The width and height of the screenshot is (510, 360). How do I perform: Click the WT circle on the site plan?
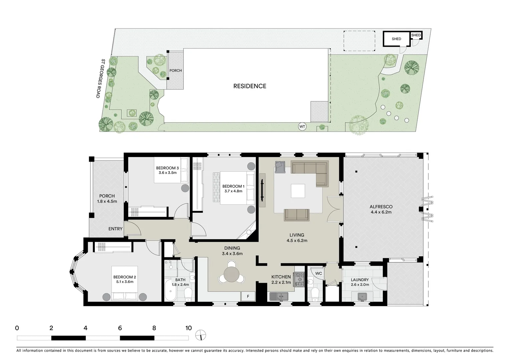pos(302,127)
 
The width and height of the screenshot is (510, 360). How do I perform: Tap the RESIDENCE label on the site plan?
pos(249,86)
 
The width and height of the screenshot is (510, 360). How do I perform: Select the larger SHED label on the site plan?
pos(396,39)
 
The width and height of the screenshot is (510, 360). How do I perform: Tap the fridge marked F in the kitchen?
pos(248,296)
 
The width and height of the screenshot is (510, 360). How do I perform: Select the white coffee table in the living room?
pos(298,191)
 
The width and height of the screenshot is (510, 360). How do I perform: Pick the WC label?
pos(319,273)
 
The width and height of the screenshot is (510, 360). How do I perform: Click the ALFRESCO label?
pos(381,207)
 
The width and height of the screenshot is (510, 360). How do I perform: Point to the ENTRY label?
pos(115,229)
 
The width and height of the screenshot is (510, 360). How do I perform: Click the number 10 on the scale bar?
pos(188,328)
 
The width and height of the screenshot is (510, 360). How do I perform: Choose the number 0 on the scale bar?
pos(17,328)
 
